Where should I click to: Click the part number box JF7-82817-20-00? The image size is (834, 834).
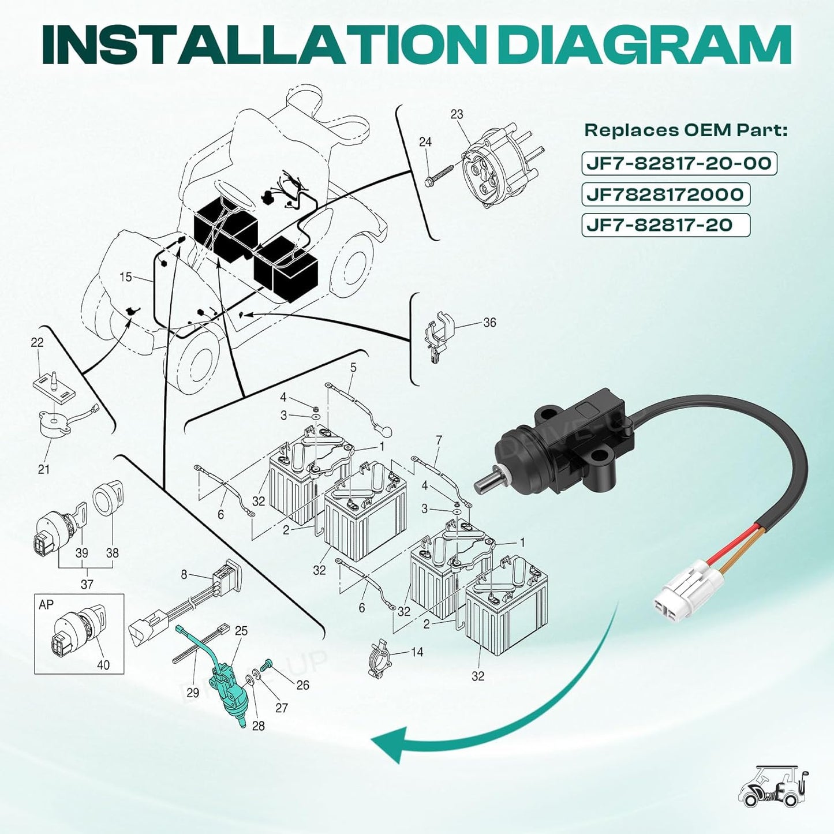pyautogui.click(x=679, y=163)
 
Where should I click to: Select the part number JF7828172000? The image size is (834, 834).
pyautogui.click(x=665, y=195)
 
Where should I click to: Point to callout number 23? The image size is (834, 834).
pyautogui.click(x=457, y=114)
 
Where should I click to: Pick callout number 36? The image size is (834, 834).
pyautogui.click(x=489, y=323)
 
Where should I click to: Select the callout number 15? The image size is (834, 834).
pyautogui.click(x=125, y=276)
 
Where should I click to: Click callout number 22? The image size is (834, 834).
pyautogui.click(x=37, y=342)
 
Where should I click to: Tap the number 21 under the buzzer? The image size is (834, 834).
pyautogui.click(x=44, y=469)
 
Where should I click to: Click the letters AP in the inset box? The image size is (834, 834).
pyautogui.click(x=46, y=605)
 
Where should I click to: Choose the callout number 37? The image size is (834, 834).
pyautogui.click(x=87, y=584)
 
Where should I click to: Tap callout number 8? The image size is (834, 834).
pyautogui.click(x=184, y=575)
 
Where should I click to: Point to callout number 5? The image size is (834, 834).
pyautogui.click(x=353, y=368)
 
